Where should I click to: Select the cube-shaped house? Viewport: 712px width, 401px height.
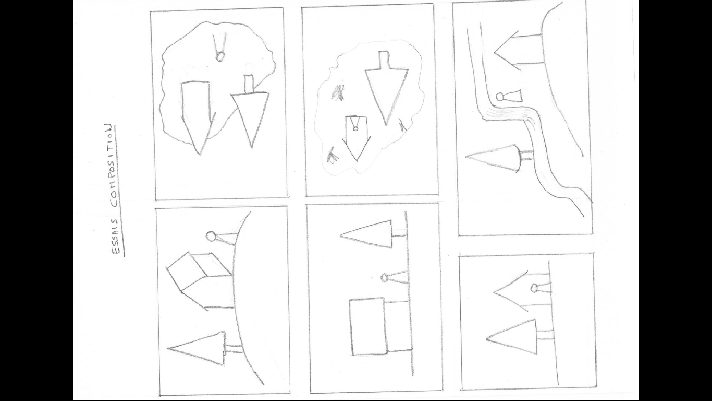[x=200, y=281]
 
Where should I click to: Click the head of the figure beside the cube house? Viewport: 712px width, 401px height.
[x=211, y=237]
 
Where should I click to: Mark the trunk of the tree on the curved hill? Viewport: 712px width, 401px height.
[x=234, y=349]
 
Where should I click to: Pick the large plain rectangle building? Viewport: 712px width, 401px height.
[x=368, y=326]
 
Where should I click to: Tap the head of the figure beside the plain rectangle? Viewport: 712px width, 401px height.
[x=384, y=278]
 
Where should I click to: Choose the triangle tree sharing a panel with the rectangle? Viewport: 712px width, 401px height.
[x=366, y=234]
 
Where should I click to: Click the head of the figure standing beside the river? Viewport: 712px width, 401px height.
[x=500, y=96]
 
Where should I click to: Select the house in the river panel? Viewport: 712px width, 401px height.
[x=519, y=50]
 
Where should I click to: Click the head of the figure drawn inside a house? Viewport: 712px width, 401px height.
[x=355, y=128]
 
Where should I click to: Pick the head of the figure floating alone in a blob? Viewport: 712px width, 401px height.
[x=219, y=57]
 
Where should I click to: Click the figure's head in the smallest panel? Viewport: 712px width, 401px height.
[x=534, y=289]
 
